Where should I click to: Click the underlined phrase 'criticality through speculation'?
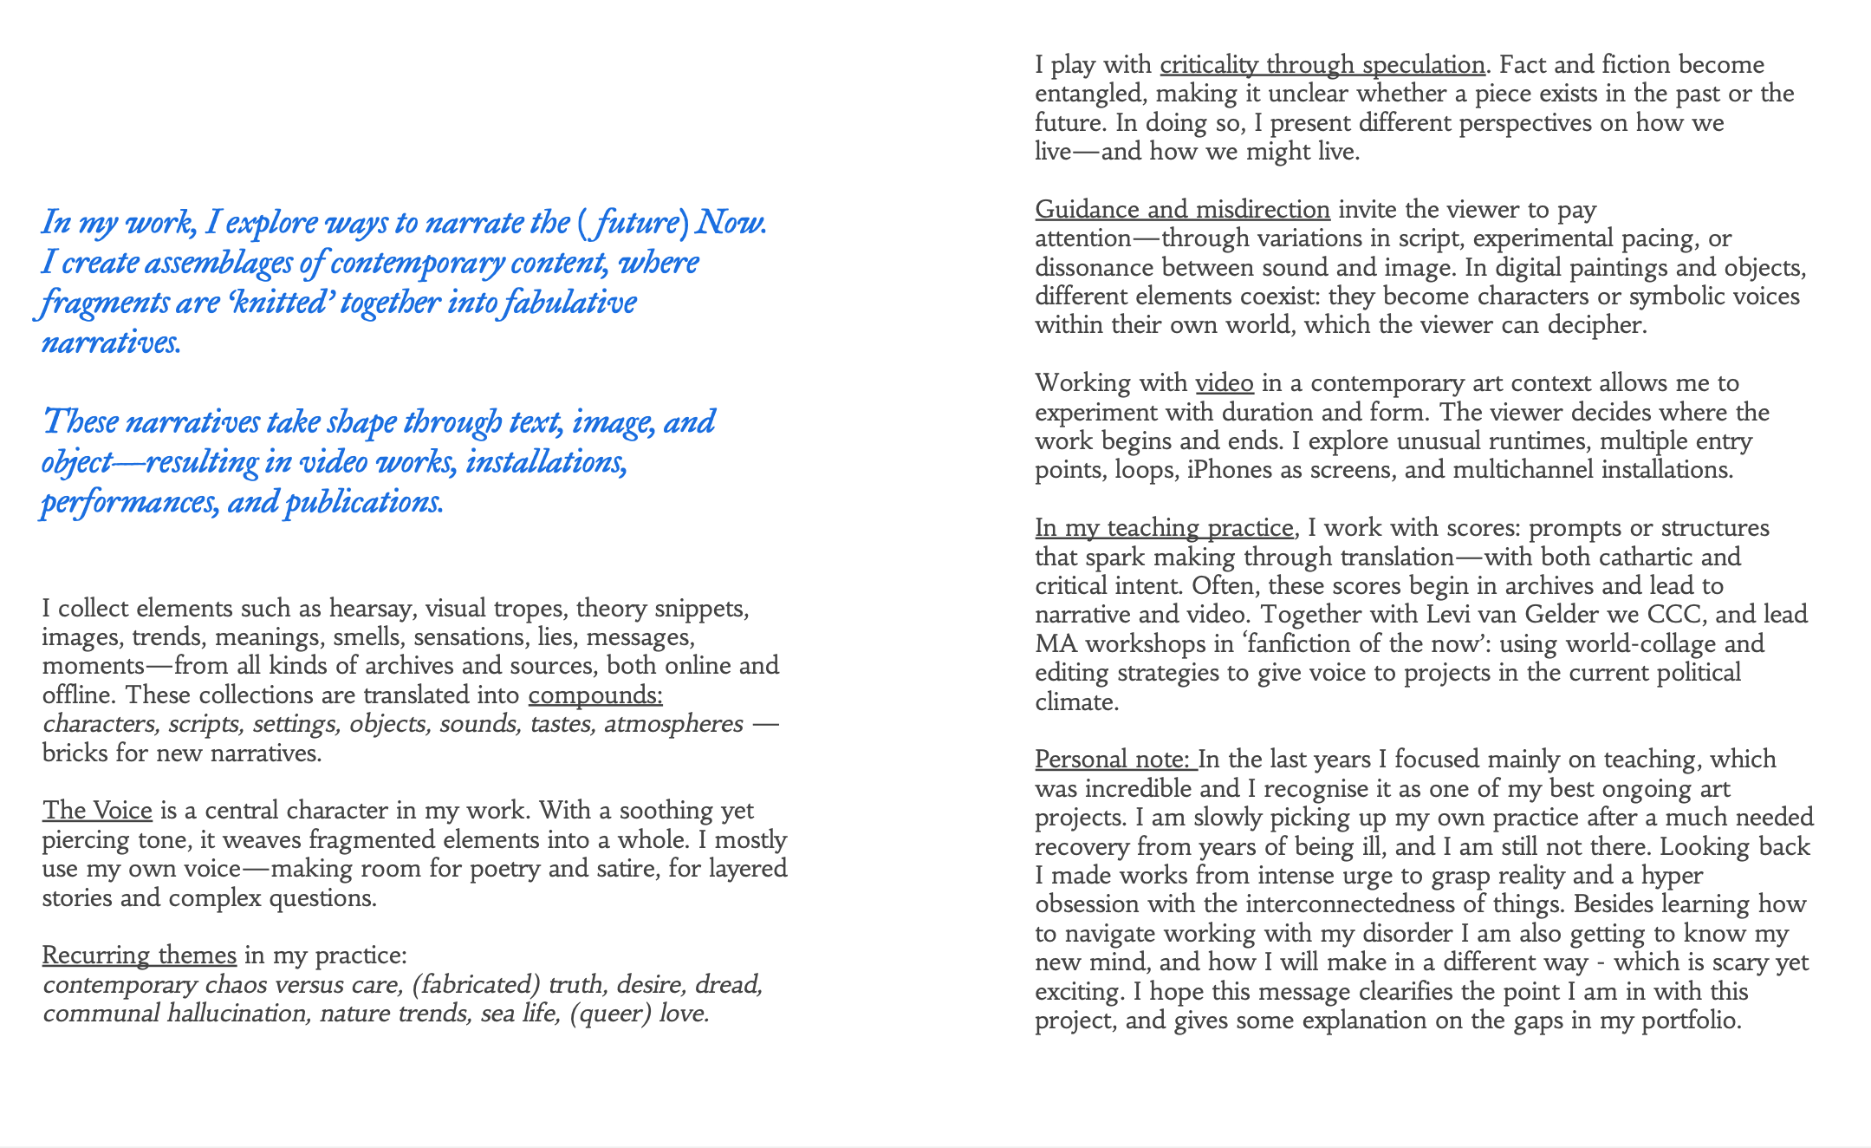pyautogui.click(x=1322, y=65)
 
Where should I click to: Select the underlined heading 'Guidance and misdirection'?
pyautogui.click(x=1182, y=210)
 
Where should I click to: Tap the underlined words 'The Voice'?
pyautogui.click(x=97, y=811)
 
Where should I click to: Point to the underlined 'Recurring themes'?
pyautogui.click(x=139, y=956)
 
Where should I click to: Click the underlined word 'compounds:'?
pyautogui.click(x=595, y=695)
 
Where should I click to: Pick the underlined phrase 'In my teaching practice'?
pyautogui.click(x=1164, y=528)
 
